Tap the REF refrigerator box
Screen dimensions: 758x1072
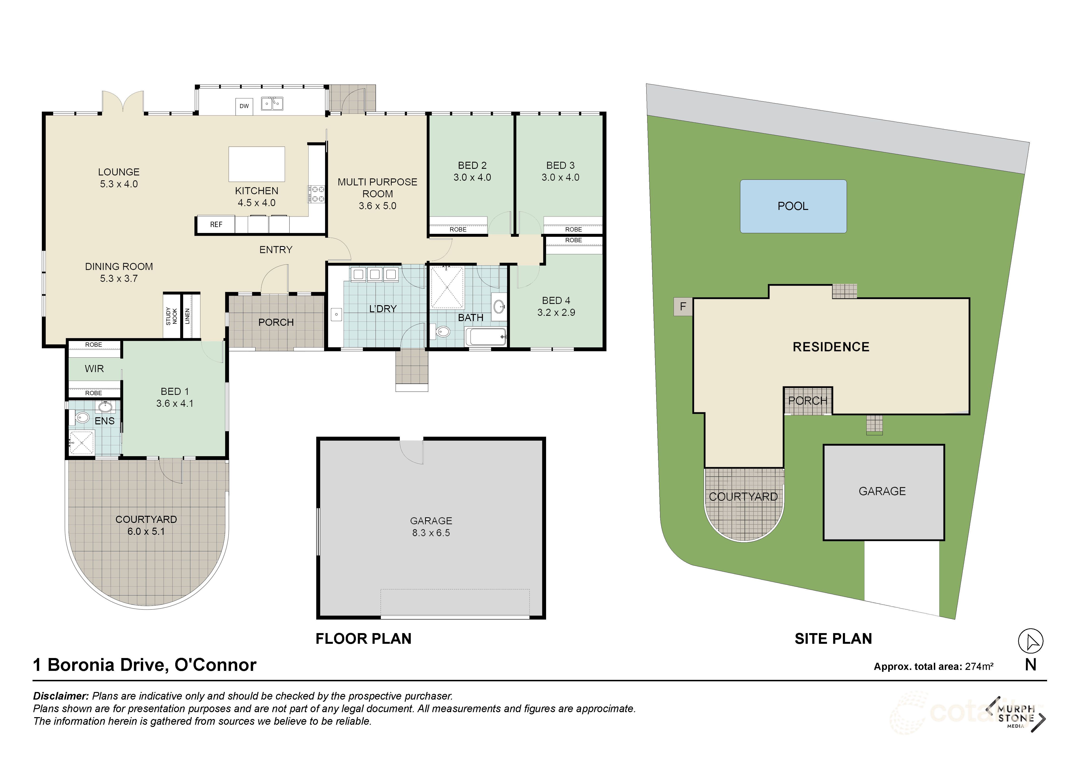tap(216, 225)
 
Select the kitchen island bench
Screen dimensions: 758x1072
tap(256, 164)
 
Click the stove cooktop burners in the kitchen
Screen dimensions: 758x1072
tap(316, 194)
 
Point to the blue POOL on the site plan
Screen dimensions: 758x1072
tap(793, 206)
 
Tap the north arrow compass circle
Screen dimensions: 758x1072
tap(1030, 641)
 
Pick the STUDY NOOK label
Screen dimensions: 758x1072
tap(171, 316)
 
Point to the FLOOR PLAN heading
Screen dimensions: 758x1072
tap(363, 639)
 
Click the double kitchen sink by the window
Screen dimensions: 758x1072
tap(272, 103)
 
